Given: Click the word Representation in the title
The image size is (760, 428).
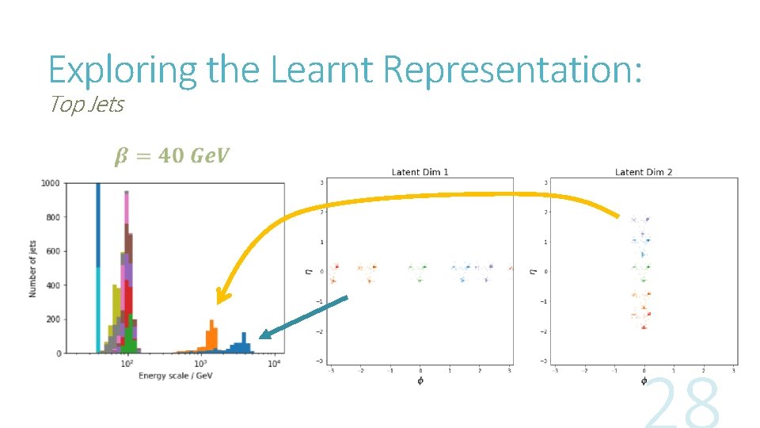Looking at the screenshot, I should (511, 70).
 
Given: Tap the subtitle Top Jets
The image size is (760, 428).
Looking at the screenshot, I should (86, 105).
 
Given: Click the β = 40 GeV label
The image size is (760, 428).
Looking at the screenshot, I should (172, 156).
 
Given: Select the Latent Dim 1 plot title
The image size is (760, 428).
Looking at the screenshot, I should (420, 172).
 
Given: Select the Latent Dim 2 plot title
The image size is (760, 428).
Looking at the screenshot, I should (643, 172).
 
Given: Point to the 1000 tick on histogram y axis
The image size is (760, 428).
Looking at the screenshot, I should (50, 183).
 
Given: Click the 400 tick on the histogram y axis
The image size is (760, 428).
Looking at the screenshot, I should (52, 285).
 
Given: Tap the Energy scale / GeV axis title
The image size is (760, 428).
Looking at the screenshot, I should (175, 375).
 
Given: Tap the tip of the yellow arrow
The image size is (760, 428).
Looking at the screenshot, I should (221, 303).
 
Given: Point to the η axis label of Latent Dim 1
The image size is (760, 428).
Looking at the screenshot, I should (310, 271).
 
